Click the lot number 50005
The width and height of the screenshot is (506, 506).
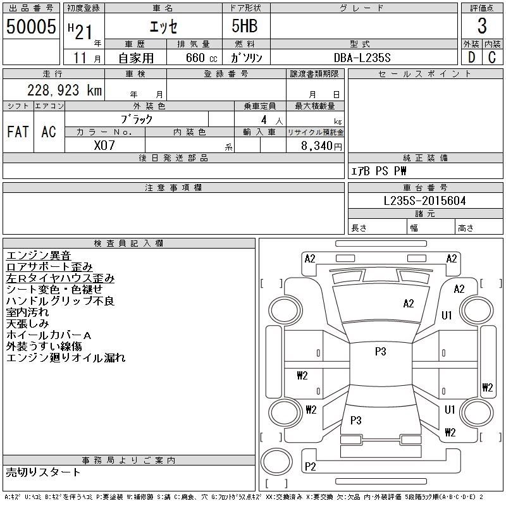(31, 26)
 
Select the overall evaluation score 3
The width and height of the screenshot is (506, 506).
(482, 26)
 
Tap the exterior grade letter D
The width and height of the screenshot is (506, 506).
(471, 58)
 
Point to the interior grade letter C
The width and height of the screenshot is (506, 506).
(492, 58)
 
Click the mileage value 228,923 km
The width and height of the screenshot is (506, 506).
(65, 90)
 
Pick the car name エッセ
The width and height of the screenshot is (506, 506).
(163, 27)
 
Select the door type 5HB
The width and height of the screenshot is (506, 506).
(245, 26)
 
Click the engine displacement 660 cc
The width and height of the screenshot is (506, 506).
(202, 58)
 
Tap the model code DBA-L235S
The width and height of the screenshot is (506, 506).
(362, 58)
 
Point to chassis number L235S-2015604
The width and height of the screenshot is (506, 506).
(424, 201)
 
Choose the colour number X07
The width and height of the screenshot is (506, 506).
(104, 145)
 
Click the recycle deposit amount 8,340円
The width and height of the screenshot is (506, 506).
(321, 145)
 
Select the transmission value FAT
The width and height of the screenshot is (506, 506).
(18, 132)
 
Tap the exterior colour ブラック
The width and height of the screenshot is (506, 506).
(137, 120)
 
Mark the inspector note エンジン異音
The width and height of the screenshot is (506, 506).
(39, 256)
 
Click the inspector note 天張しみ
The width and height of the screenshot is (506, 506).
(27, 324)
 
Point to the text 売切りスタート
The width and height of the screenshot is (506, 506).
(43, 472)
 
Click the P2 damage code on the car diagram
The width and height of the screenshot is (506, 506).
(310, 466)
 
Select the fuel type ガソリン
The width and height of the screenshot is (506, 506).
(246, 58)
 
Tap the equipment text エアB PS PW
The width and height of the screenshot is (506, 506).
(378, 171)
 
